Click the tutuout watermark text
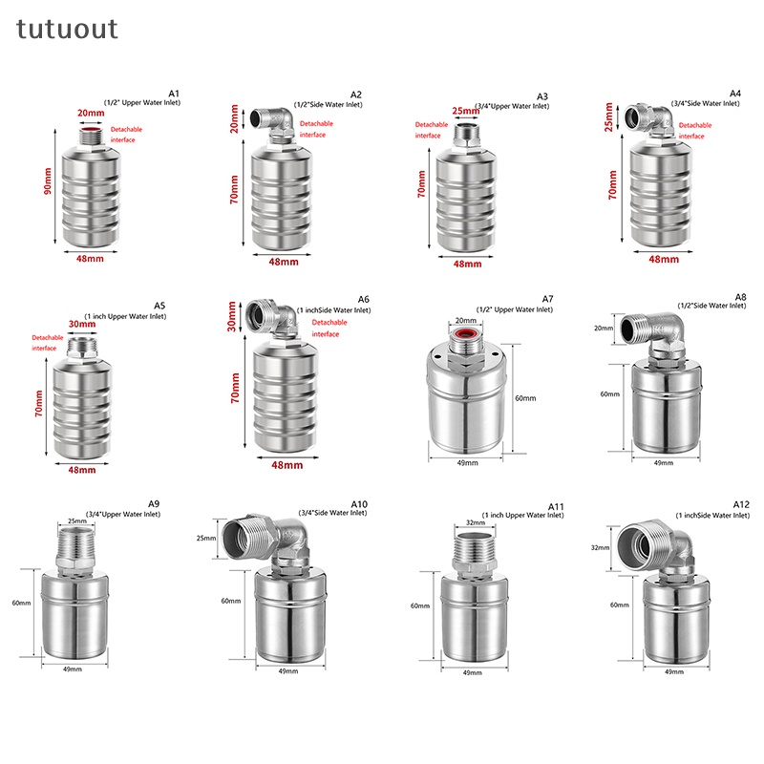67,29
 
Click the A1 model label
173,93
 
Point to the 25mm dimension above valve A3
465,112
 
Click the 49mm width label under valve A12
675,672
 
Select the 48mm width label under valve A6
286,465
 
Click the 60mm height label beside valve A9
23,603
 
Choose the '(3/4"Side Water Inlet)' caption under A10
331,513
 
